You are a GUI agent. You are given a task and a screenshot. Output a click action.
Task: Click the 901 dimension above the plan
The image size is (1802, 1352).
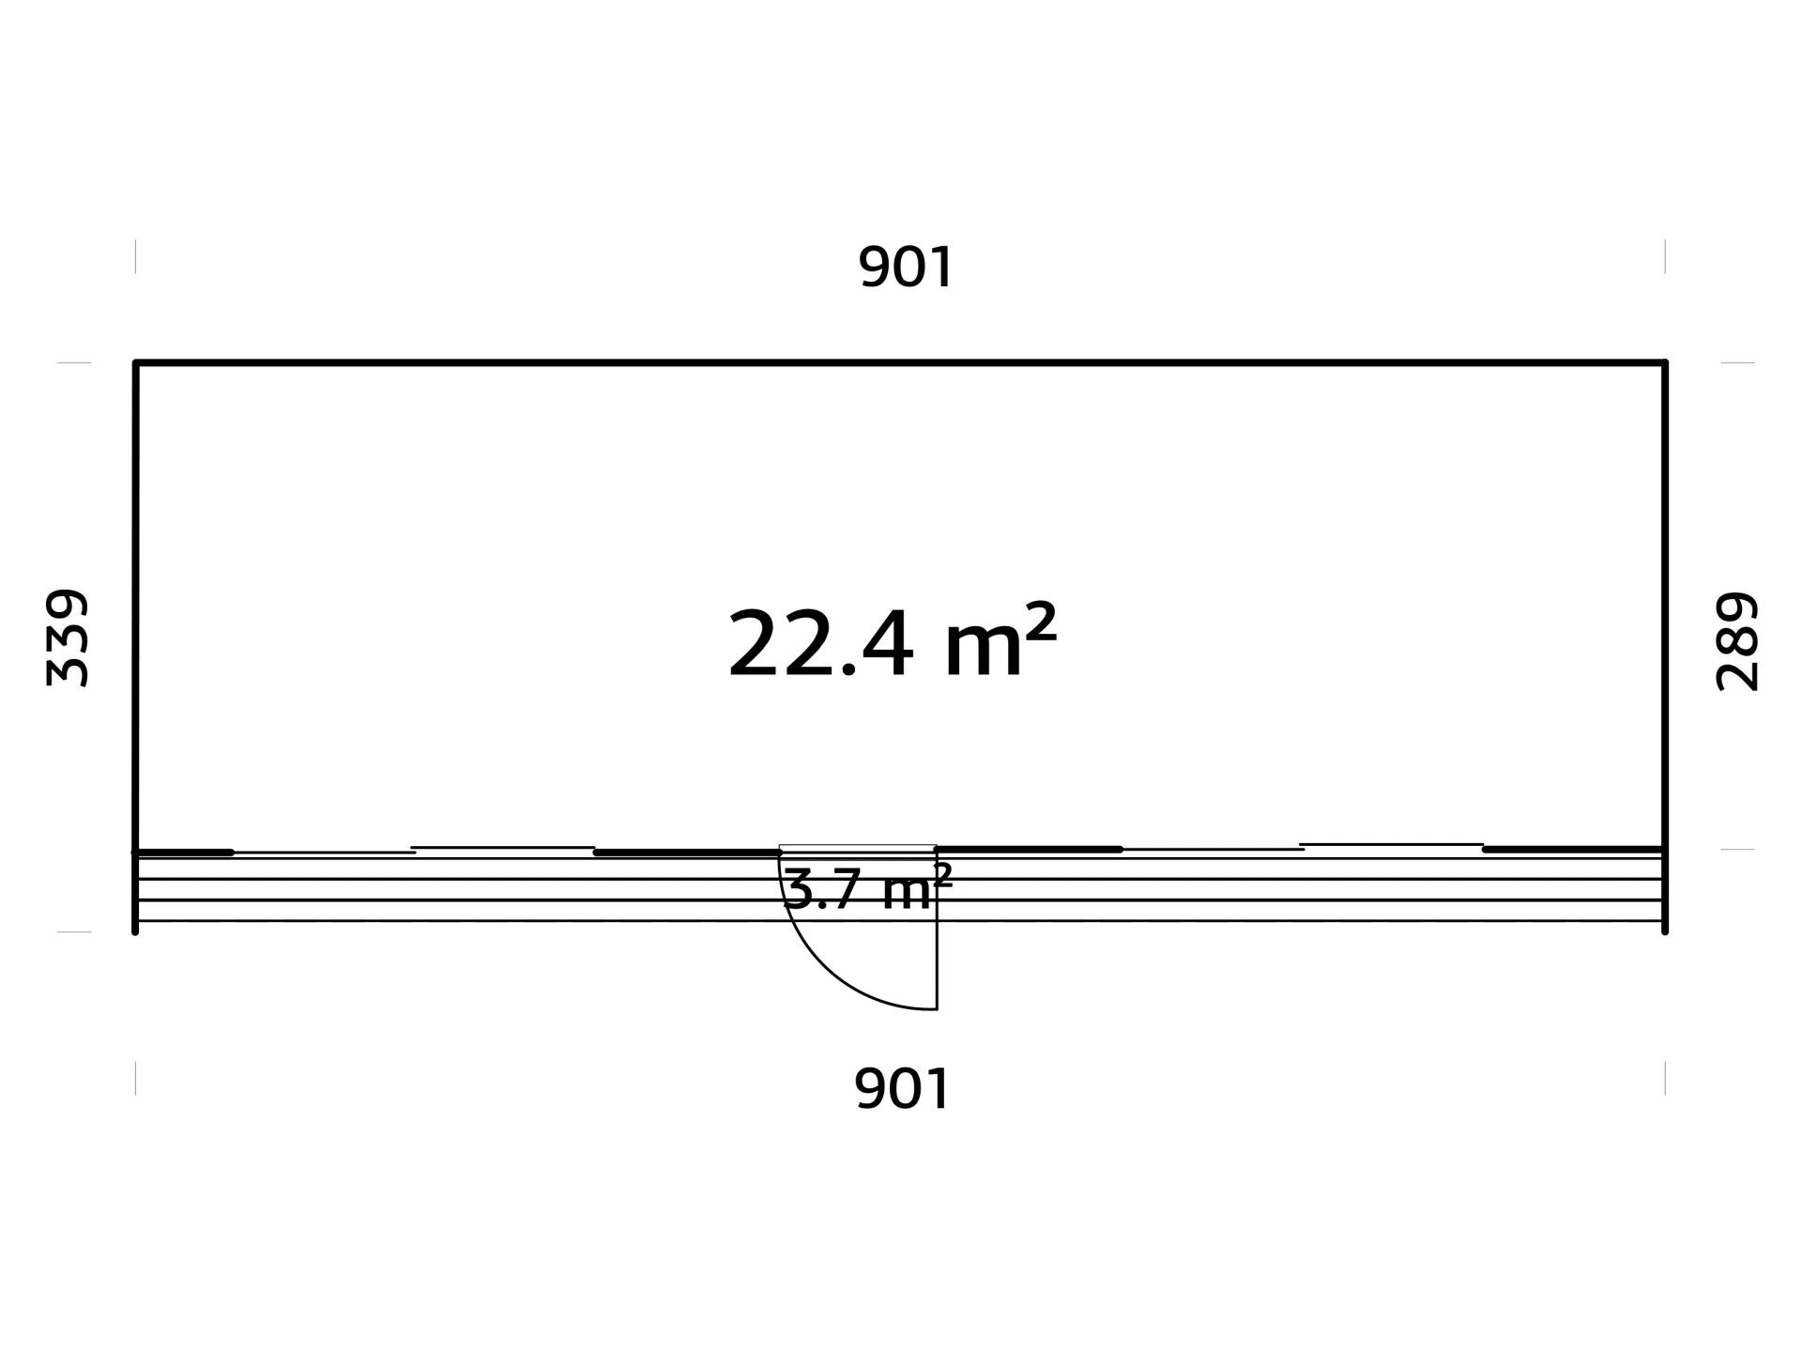[906, 268]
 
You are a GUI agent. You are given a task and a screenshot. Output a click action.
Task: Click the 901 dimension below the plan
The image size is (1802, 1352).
[903, 1089]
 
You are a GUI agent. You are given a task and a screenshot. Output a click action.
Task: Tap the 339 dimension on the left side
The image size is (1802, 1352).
[68, 638]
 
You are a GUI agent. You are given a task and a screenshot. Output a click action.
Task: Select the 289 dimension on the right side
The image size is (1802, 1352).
[1736, 641]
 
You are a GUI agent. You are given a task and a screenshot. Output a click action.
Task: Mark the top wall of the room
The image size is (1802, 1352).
[900, 361]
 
